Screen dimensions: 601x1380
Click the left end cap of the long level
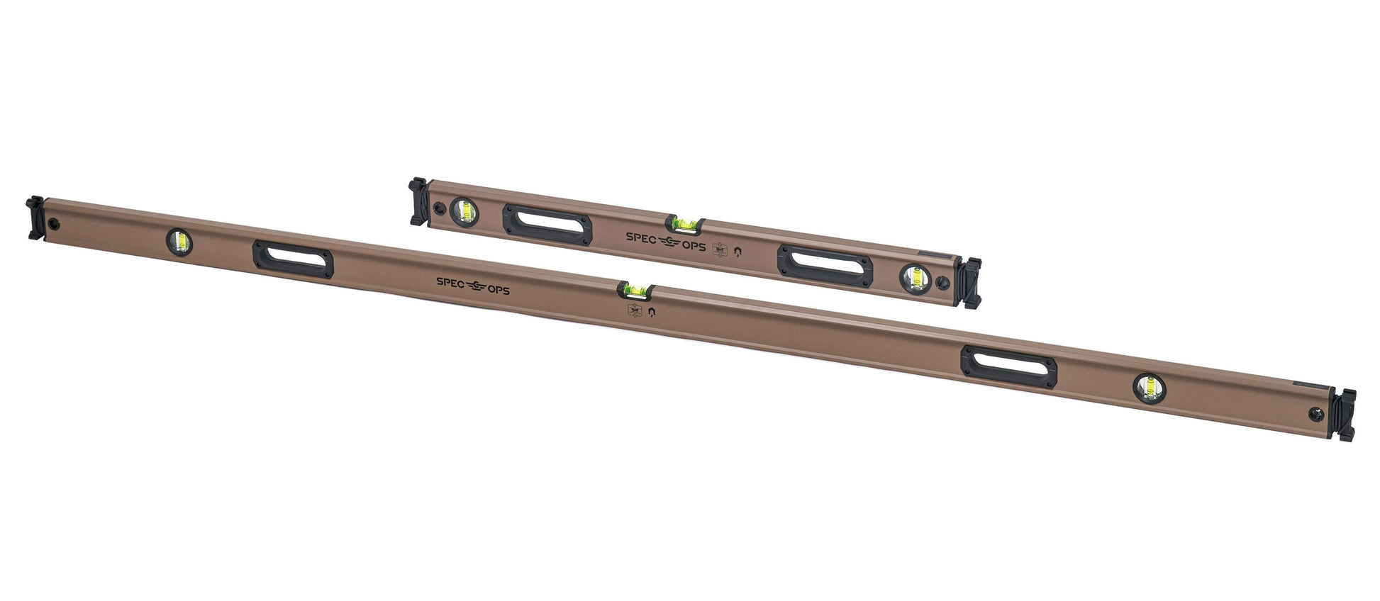36,218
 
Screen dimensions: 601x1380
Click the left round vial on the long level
180,241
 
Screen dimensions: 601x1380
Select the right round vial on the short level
913,278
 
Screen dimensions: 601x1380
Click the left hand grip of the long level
292,259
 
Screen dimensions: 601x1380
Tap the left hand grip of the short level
547,225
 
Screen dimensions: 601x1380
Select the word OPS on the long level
497,289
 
